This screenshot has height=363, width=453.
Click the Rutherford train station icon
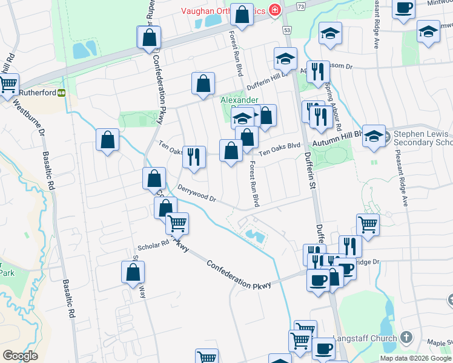pyautogui.click(x=62, y=93)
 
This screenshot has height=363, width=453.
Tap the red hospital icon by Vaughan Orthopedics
pyautogui.click(x=274, y=10)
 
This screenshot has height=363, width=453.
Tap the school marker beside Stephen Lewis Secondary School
pyautogui.click(x=374, y=136)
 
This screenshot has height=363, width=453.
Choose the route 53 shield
pyautogui.click(x=286, y=30)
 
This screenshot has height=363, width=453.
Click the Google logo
pyautogui.click(x=20, y=356)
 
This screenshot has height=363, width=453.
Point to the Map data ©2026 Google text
pyautogui.click(x=415, y=358)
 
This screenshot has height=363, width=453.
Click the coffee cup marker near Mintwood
pyautogui.click(x=403, y=8)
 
